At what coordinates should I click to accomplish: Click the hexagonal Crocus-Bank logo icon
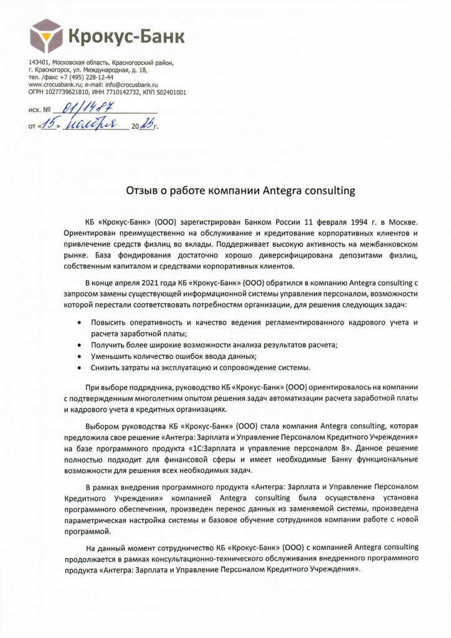pos(47,36)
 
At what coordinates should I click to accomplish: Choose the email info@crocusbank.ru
pos(131,84)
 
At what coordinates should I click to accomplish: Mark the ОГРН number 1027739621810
pos(75,92)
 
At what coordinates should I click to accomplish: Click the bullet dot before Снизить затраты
pos(78,368)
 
